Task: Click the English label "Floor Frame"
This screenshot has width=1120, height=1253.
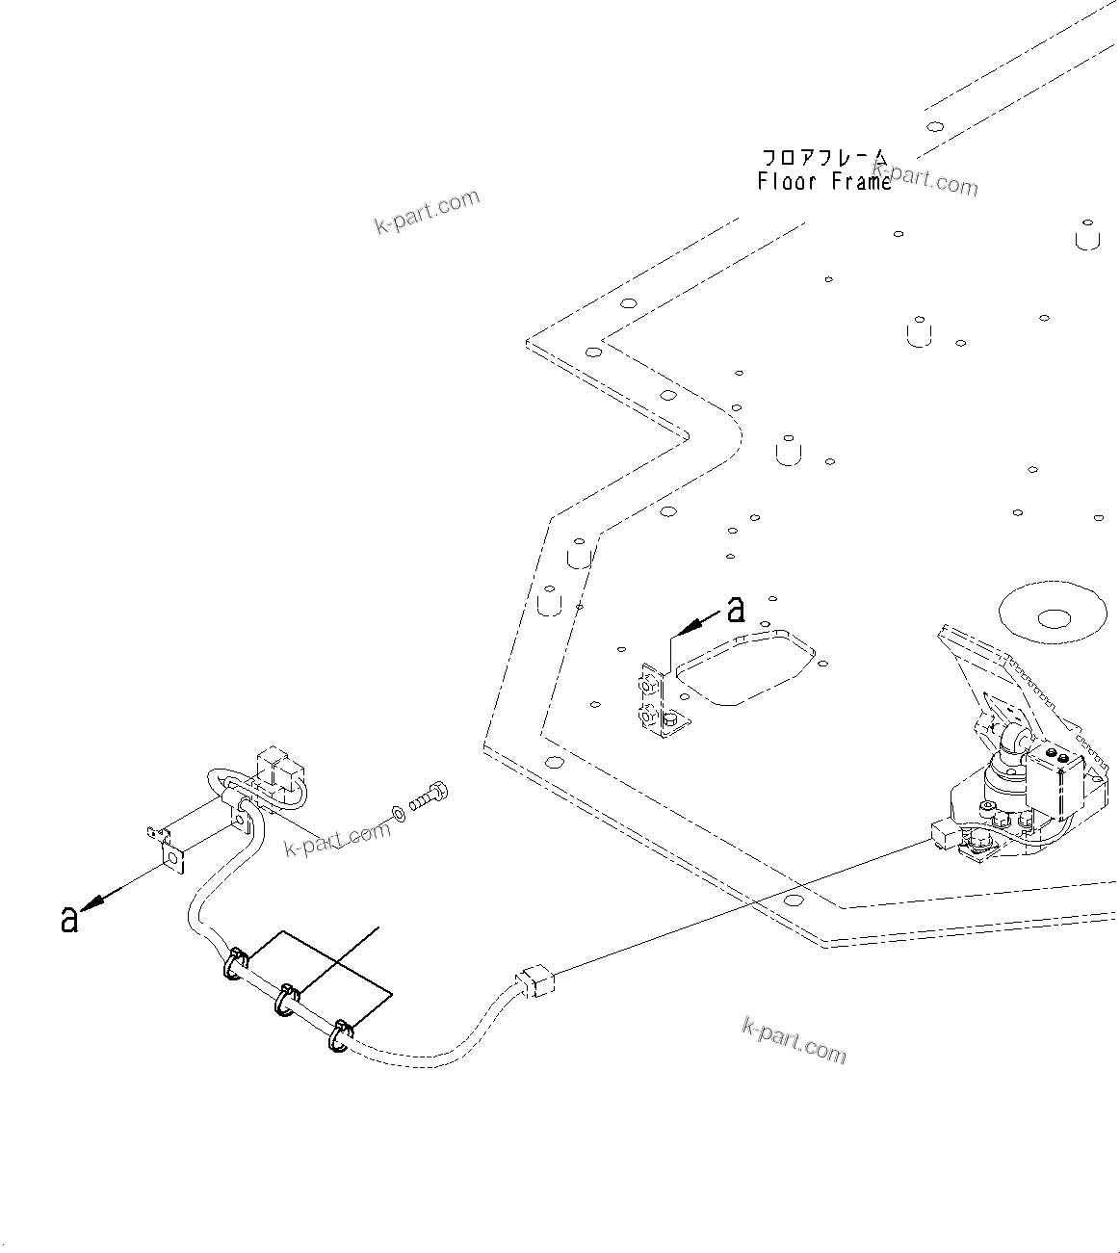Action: click(824, 181)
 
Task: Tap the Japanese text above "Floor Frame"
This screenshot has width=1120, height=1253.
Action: click(824, 158)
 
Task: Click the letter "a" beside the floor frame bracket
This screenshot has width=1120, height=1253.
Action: click(736, 610)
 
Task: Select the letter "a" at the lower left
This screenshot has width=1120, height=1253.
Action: click(68, 919)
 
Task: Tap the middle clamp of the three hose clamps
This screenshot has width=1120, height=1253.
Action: click(286, 1000)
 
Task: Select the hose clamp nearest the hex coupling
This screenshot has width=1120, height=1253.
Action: click(340, 1036)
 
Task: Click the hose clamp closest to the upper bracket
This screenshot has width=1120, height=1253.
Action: click(235, 964)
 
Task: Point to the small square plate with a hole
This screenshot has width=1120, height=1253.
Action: click(172, 856)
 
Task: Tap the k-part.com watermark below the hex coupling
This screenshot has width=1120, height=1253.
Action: click(794, 1040)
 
